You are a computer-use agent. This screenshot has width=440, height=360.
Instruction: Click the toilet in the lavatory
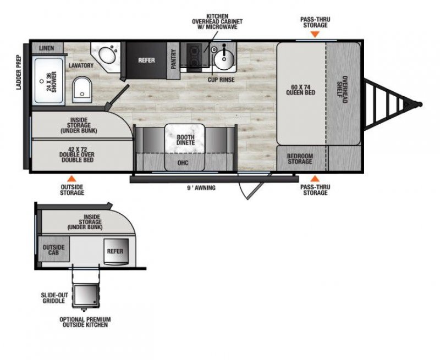pos(82,89)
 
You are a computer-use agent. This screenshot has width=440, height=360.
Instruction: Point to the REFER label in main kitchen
pos(146,60)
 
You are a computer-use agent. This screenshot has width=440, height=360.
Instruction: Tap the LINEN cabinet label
pos(47,48)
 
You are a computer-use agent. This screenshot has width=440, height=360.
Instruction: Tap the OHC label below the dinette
pos(184,163)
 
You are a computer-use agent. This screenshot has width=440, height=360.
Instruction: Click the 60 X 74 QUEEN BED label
pos(300,89)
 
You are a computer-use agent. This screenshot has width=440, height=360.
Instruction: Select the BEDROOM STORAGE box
pos(300,159)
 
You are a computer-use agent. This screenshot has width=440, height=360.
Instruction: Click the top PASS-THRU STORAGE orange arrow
pos(314,34)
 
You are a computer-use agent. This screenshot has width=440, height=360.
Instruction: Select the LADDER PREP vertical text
pos(19,72)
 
